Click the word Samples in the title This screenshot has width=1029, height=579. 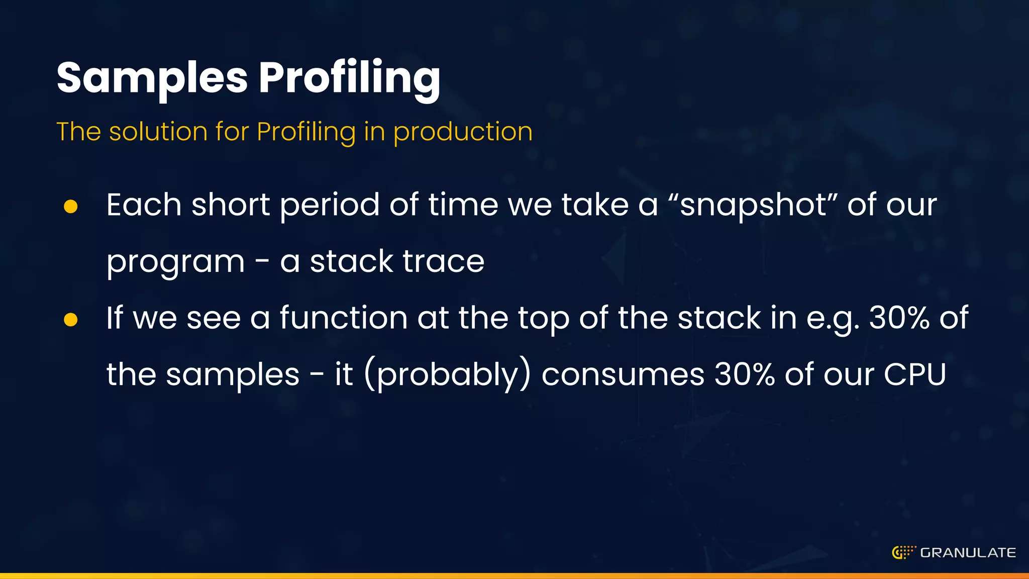tap(152, 78)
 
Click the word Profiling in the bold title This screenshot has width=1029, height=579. tap(349, 78)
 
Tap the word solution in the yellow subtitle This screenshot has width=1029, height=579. tap(158, 132)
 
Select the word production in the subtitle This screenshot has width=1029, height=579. tap(463, 132)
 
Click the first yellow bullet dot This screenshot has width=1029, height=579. tap(71, 206)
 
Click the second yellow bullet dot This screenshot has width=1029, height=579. tap(71, 320)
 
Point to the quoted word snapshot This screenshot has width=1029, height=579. tap(752, 205)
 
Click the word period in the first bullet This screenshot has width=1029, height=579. tap(330, 205)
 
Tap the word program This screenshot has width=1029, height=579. tap(175, 262)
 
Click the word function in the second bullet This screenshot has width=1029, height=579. tap(343, 318)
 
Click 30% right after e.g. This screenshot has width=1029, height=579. tap(899, 318)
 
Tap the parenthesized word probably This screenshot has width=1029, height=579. tap(447, 374)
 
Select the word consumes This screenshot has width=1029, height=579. tap(623, 374)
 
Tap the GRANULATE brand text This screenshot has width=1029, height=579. tap(968, 553)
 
